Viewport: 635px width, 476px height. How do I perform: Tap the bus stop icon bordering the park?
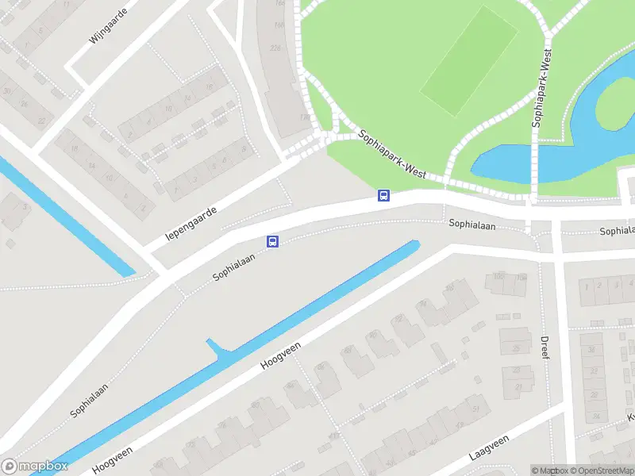(383, 195)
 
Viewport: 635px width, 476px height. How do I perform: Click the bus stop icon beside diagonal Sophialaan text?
(272, 242)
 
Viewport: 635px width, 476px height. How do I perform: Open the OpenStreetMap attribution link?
(602, 470)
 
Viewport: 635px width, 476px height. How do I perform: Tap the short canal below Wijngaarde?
(63, 214)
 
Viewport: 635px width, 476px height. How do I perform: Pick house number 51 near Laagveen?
(475, 409)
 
